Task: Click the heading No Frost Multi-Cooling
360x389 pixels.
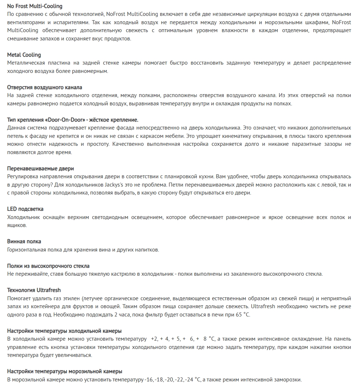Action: click(x=35, y=6)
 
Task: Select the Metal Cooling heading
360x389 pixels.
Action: click(x=24, y=55)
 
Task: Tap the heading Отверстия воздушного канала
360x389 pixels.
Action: click(x=45, y=87)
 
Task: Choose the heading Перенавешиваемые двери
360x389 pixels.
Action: click(x=40, y=169)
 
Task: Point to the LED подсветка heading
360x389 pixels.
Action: click(x=25, y=209)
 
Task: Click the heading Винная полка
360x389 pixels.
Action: click(x=24, y=241)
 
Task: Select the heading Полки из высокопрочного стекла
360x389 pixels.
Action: click(x=48, y=266)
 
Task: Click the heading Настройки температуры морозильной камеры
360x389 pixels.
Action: click(x=65, y=371)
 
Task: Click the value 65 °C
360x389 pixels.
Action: click(x=242, y=315)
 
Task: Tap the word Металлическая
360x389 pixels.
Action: click(x=26, y=63)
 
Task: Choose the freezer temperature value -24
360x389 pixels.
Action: click(x=189, y=380)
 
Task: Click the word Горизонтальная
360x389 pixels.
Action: click(x=26, y=250)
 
